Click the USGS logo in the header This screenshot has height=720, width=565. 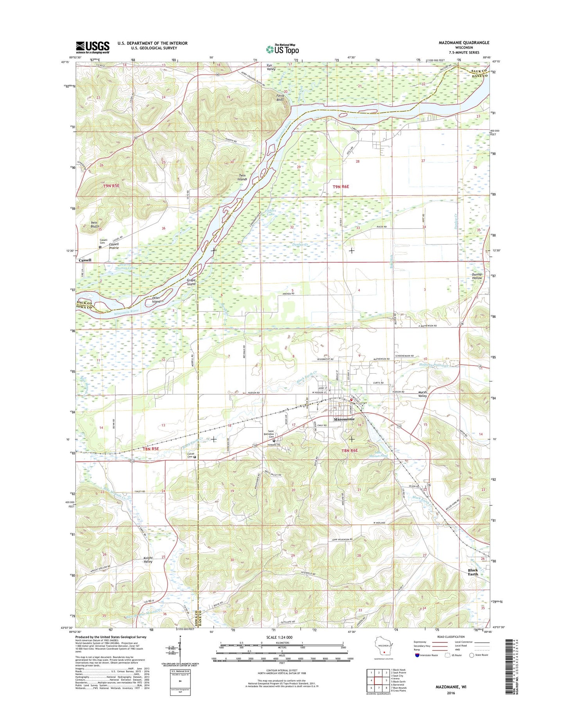pos(93,47)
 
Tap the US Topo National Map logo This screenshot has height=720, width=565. pos(282,49)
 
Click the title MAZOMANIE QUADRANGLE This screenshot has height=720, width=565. pos(464,43)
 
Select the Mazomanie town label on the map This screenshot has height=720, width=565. pos(344,419)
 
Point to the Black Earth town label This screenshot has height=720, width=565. pos(473,572)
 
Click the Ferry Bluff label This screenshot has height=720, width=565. pos(280,97)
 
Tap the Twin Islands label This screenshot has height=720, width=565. pos(242,177)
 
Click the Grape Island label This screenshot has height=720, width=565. pos(191,282)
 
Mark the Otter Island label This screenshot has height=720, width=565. pos(156,300)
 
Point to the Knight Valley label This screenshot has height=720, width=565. pos(148,559)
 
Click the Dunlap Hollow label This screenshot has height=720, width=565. pos(477,276)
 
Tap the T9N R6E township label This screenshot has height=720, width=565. pos(341,187)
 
